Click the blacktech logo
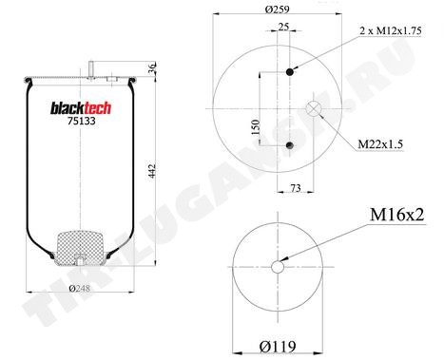(81, 108)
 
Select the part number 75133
(81, 122)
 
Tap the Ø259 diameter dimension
(277, 9)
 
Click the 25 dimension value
(283, 27)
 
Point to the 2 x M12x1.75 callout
(391, 30)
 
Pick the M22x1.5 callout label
(380, 144)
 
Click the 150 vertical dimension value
(256, 127)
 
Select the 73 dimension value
(296, 188)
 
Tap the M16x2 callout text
(396, 215)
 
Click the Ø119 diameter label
(278, 347)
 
